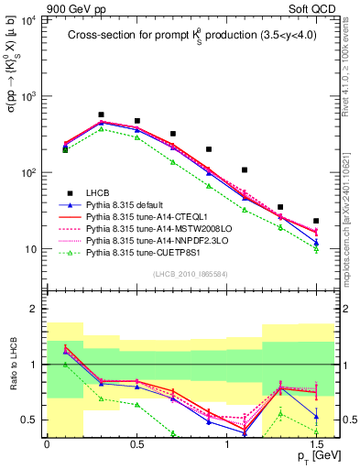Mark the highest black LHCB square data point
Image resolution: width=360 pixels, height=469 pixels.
(101, 115)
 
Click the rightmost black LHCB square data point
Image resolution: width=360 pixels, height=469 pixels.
(316, 221)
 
